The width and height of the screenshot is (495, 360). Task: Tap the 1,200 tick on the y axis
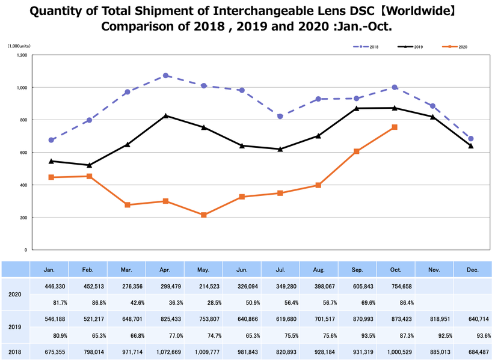(22, 55)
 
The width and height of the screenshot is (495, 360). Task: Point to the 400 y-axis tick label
(23, 185)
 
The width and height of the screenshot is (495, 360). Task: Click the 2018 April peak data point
(165, 76)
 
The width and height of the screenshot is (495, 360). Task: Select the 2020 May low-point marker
(204, 215)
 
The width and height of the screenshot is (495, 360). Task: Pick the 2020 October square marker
(395, 127)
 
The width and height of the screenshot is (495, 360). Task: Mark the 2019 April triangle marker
(165, 115)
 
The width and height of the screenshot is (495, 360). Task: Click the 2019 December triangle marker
(470, 145)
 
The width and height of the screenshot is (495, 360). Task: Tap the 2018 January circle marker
(51, 140)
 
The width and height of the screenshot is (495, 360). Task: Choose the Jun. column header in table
(242, 270)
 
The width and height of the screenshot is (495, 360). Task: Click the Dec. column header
(473, 270)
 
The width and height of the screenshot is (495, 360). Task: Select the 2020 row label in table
(15, 296)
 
